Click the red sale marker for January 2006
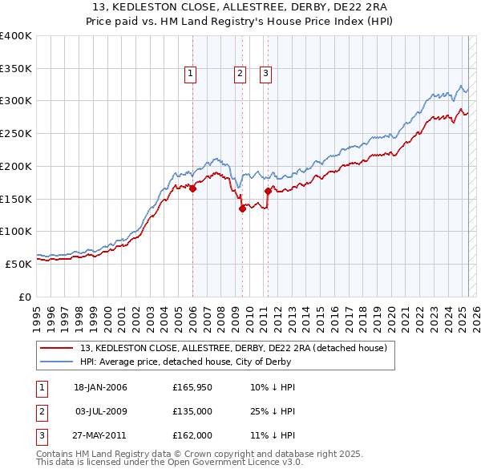pyautogui.click(x=192, y=189)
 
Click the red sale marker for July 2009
pyautogui.click(x=242, y=209)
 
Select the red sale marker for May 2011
pyautogui.click(x=268, y=192)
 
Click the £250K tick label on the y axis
pyautogui.click(x=16, y=134)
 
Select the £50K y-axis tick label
pyautogui.click(x=19, y=264)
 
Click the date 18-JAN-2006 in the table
pyautogui.click(x=100, y=387)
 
